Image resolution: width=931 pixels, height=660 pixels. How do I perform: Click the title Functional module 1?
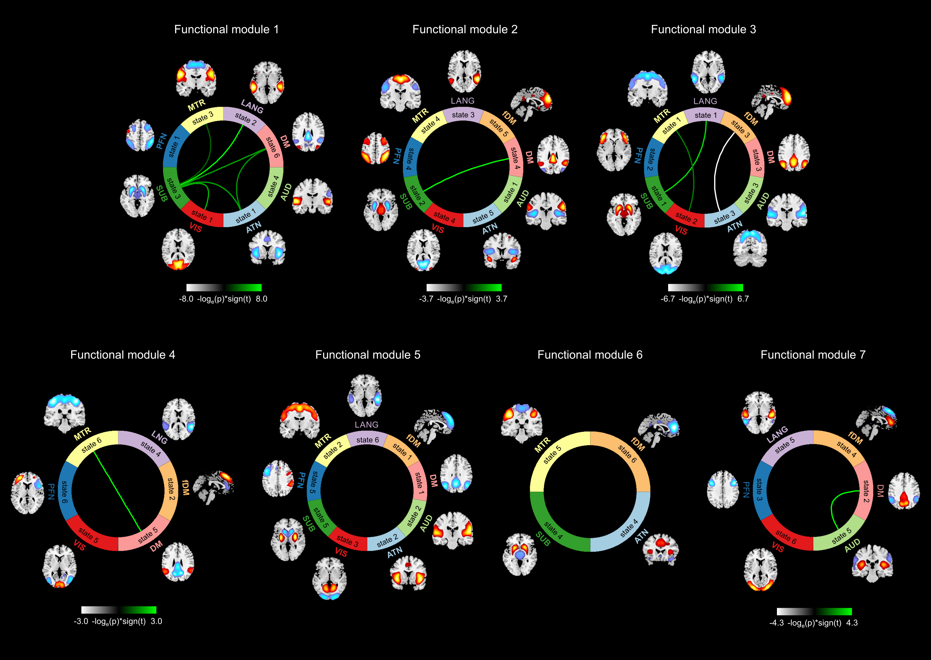[x=226, y=29]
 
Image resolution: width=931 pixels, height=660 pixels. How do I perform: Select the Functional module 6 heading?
[x=590, y=355]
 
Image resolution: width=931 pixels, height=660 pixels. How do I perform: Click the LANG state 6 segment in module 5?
[x=367, y=440]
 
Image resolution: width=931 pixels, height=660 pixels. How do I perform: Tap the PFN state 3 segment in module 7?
[x=759, y=489]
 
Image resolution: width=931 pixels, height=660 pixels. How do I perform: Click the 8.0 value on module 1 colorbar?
[x=262, y=299]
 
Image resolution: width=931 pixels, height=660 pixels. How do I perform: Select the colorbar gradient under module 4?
[x=118, y=610]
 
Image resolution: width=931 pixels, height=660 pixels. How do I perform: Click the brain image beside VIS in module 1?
[x=178, y=249]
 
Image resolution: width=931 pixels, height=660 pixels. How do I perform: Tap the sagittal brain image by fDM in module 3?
[x=771, y=101]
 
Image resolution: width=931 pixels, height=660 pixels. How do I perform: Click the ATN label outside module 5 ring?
[x=395, y=552]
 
